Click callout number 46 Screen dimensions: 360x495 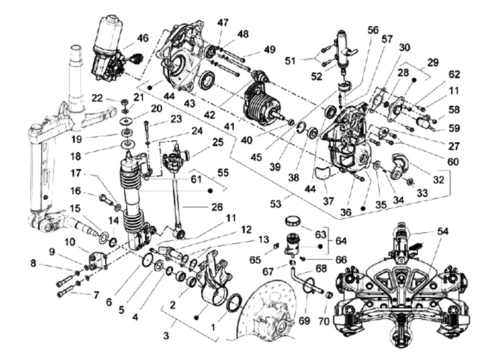coord(142,37)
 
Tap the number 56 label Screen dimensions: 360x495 coord(373,30)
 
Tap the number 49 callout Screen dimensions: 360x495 coord(269,50)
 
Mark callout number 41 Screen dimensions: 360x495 coord(227,126)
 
